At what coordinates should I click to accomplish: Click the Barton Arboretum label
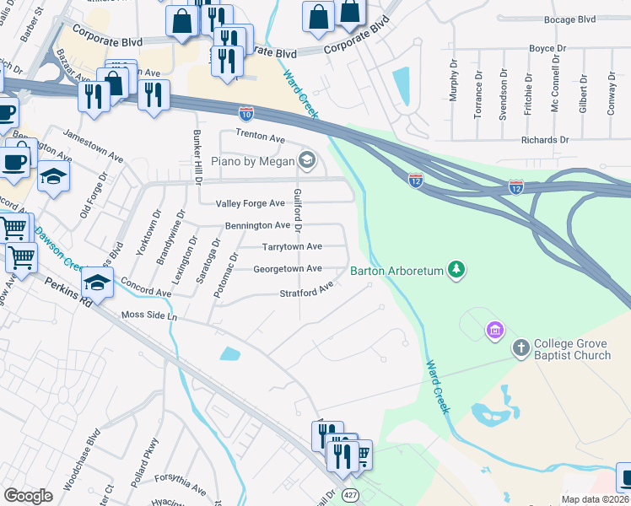click(x=396, y=271)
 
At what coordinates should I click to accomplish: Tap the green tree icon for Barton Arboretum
click(x=456, y=270)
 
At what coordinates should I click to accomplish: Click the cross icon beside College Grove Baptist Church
click(x=521, y=347)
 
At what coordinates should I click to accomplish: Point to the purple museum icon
click(x=494, y=329)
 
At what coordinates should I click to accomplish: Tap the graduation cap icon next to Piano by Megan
click(x=307, y=159)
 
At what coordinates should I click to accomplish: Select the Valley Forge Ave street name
click(x=250, y=203)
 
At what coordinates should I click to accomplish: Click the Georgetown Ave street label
click(x=288, y=269)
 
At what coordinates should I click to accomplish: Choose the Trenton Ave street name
click(x=260, y=137)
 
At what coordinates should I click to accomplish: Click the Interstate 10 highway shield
click(x=246, y=111)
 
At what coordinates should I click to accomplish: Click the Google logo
click(x=28, y=496)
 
